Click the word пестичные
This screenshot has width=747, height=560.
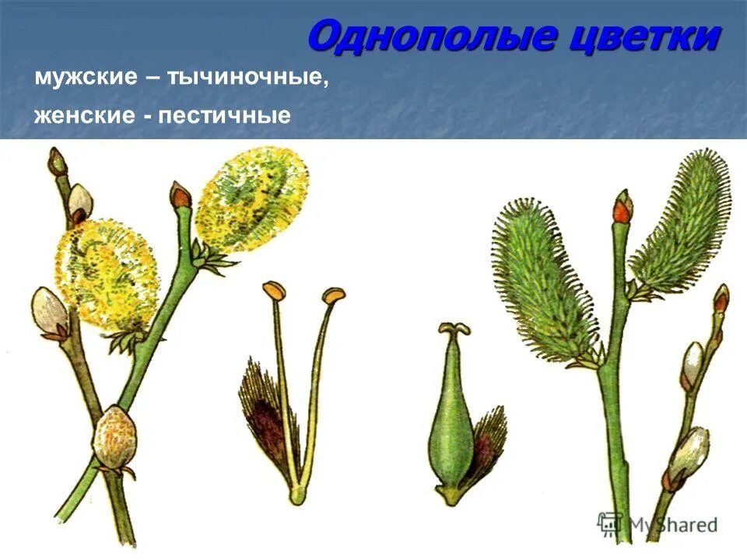(225, 117)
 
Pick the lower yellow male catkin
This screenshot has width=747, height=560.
(107, 272)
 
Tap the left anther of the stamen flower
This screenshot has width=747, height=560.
(273, 291)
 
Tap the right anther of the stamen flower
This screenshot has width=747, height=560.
(334, 296)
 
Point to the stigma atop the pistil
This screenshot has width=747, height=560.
(454, 329)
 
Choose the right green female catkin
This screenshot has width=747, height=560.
(680, 222)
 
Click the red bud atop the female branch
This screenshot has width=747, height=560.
(622, 206)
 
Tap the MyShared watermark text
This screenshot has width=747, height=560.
(669, 524)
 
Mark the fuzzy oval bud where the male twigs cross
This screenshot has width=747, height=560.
(114, 438)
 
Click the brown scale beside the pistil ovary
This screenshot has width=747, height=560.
(488, 439)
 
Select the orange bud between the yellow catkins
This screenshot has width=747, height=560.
(181, 195)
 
